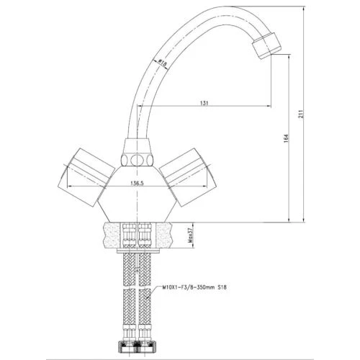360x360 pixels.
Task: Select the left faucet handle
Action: [x=85, y=171]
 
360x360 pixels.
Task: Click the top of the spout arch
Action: [x=209, y=9]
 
